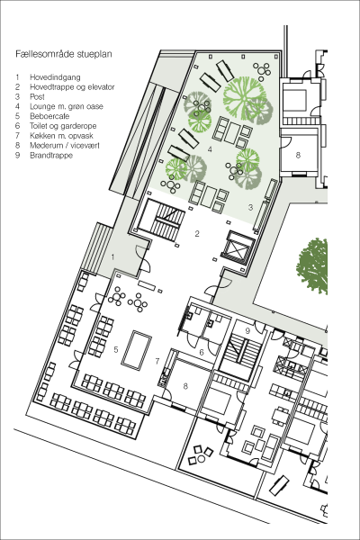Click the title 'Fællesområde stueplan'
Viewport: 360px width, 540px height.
pyautogui.click(x=64, y=54)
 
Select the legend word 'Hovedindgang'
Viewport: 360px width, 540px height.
pyautogui.click(x=55, y=77)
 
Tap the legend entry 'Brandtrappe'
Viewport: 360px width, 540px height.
pyautogui.click(x=51, y=156)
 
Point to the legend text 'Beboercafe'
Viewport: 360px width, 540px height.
pyautogui.click(x=49, y=116)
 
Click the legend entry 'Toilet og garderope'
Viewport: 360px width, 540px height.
pyautogui.click(x=63, y=126)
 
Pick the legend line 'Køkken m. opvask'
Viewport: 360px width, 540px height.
pyautogui.click(x=61, y=136)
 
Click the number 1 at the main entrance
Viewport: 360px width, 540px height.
pyautogui.click(x=112, y=256)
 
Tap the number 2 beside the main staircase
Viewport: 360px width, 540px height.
pyautogui.click(x=197, y=234)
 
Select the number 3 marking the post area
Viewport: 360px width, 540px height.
pyautogui.click(x=251, y=207)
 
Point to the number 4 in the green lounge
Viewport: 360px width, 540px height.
pyautogui.click(x=210, y=149)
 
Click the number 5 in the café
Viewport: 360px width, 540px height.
pyautogui.click(x=116, y=349)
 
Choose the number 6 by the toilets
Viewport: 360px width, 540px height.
pyautogui.click(x=202, y=352)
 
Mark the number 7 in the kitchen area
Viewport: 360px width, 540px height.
pyautogui.click(x=157, y=361)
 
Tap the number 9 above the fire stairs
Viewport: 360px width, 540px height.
pyautogui.click(x=247, y=331)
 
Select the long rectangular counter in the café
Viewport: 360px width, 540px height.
pyautogui.click(x=137, y=350)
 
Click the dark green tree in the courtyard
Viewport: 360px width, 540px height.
pyautogui.click(x=313, y=265)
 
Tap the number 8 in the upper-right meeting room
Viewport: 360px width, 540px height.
pyautogui.click(x=298, y=155)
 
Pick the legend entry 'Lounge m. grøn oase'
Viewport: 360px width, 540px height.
pyautogui.click(x=67, y=106)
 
